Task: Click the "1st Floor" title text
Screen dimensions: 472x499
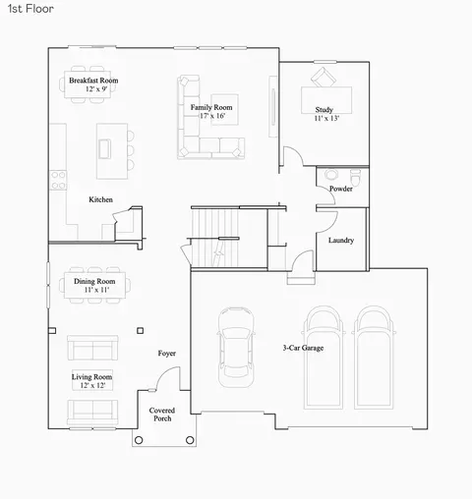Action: pos(30,9)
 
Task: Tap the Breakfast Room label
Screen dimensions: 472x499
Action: pos(93,81)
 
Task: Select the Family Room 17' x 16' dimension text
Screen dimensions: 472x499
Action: pos(212,116)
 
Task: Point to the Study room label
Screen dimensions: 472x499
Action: pos(324,109)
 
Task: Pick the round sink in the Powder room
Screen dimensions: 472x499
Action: pos(331,174)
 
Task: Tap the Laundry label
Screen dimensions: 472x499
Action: pos(341,241)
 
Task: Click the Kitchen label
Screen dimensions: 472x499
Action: pos(100,199)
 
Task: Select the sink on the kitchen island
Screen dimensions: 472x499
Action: pos(105,149)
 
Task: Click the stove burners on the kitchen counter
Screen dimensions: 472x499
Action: pos(58,180)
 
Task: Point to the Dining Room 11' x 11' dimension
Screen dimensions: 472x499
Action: pos(96,290)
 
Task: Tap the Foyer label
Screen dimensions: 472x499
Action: pos(167,353)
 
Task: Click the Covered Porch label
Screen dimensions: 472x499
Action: pos(162,415)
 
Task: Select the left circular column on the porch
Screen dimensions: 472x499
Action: pos(139,440)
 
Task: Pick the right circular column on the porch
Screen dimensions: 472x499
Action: pos(190,440)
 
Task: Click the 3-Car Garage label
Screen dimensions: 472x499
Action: pos(303,348)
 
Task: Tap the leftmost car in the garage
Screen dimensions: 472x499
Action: pos(236,348)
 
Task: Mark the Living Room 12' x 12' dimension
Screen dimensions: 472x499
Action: pos(92,385)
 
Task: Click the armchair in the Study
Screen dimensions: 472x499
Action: pos(324,78)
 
